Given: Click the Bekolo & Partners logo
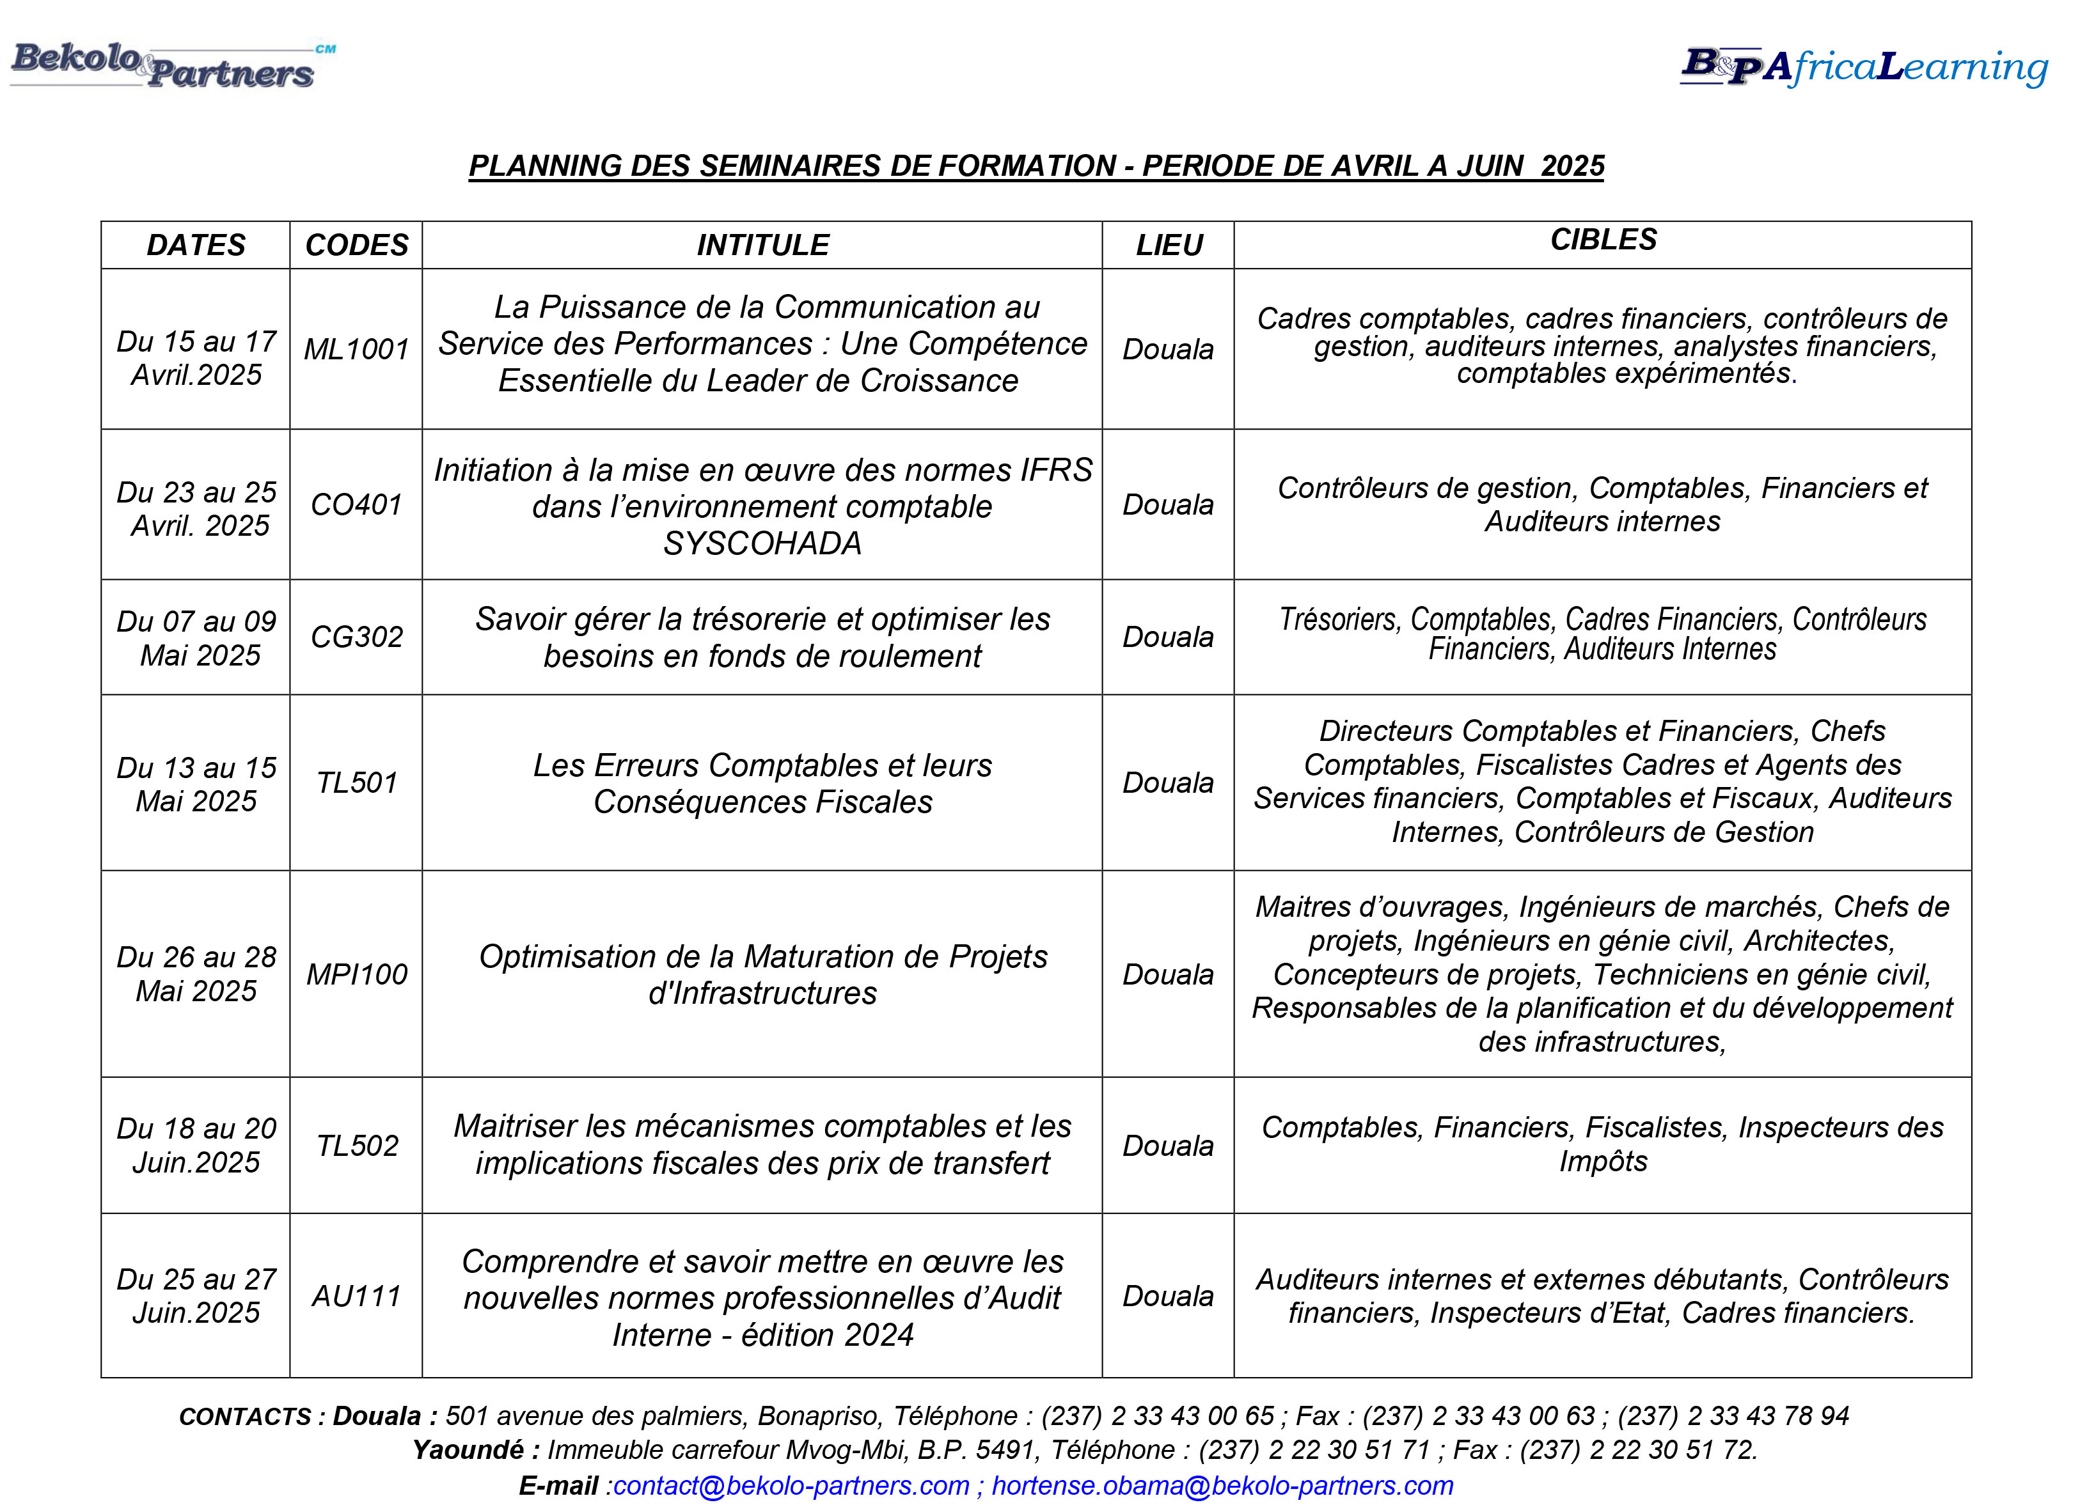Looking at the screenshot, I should click(169, 66).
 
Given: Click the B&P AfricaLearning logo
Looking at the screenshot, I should click(1863, 66).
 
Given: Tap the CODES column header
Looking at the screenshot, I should click(357, 245).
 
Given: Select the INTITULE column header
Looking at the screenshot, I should click(762, 245).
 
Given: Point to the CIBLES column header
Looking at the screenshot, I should click(1603, 240).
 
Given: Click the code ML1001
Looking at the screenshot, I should click(357, 349).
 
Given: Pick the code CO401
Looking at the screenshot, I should click(357, 504).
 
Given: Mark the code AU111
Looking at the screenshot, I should click(357, 1297).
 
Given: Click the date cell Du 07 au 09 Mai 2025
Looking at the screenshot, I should click(196, 638).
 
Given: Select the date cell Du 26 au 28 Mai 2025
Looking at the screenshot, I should click(196, 974).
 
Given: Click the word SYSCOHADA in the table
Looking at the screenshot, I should click(762, 543).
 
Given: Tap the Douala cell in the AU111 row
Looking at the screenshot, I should click(1167, 1297).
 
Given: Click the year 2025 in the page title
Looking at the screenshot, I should click(1572, 166).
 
